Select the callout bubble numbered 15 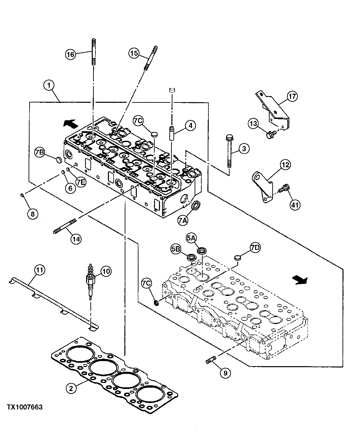click(134, 53)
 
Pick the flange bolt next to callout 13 click(270, 135)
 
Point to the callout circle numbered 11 click(40, 269)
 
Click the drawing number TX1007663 click(25, 407)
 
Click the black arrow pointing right click(299, 280)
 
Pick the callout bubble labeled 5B click(176, 249)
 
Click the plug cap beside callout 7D click(238, 258)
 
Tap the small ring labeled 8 click(22, 195)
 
